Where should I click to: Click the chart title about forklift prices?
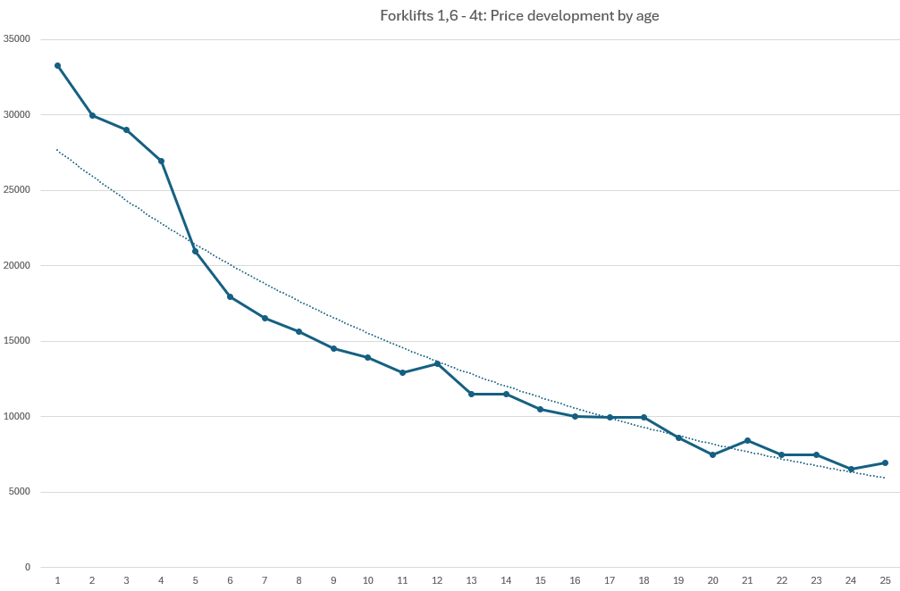coord(519,16)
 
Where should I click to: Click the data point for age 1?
coord(57,65)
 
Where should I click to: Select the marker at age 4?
coord(161,161)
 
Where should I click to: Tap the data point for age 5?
coord(195,251)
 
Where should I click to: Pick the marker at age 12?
coord(437,363)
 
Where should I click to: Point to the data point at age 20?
coord(712,454)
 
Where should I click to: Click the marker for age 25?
coord(885,462)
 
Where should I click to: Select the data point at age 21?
coord(747,440)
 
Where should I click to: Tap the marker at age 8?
coord(299,331)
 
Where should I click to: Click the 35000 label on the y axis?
coord(17,39)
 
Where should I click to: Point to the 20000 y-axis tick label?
coord(17,265)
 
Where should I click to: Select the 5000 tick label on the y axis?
coord(20,492)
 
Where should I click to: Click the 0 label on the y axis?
coord(27,567)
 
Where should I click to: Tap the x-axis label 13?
coord(471,580)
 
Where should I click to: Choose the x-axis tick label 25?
coord(885,580)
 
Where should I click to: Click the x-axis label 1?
coord(57,580)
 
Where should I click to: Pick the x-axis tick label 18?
coord(643,580)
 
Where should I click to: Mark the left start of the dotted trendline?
coord(57,149)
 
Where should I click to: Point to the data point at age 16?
coord(575,416)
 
